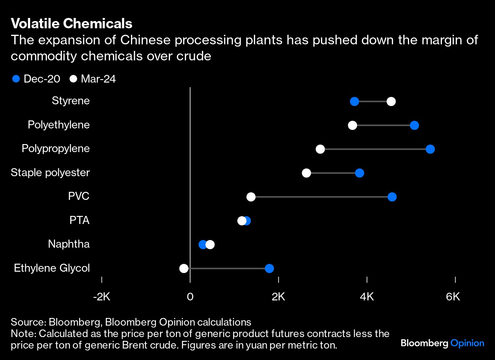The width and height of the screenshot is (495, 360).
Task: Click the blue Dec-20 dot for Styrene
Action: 354,101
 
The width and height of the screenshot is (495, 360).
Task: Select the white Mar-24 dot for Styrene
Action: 391,101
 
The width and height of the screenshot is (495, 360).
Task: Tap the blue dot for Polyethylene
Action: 414,125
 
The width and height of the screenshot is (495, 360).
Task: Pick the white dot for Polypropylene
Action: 320,149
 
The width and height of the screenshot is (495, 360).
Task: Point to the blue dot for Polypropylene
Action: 430,149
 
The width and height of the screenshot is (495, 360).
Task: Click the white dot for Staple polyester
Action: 306,173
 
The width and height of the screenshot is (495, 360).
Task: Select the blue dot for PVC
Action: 392,197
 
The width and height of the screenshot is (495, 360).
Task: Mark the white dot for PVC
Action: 251,197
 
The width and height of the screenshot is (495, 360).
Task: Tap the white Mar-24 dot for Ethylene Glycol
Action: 184,268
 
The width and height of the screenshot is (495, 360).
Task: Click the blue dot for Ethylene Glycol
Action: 269,268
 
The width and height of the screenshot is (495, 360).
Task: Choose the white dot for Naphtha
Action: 210,245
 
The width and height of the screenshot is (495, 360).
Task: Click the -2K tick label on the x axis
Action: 102,297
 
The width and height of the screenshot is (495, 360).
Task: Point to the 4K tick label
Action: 367,297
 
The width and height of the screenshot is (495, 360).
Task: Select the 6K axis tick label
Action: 453,297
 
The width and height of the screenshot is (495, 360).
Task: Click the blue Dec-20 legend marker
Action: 16,79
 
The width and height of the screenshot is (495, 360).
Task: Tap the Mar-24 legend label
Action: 98,79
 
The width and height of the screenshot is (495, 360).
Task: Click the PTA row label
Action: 79,220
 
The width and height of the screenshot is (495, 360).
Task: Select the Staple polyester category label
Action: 50,172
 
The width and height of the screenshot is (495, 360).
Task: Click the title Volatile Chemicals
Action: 71,24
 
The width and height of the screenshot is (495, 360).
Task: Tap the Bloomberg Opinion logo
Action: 442,343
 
